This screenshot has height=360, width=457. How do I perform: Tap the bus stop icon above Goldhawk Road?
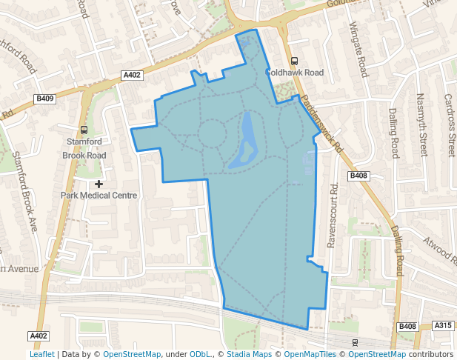(x=294, y=61)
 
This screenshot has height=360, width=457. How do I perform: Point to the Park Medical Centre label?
(x=99, y=196)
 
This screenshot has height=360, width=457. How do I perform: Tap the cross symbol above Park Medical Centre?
(x=99, y=183)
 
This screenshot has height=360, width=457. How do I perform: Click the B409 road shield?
(x=45, y=99)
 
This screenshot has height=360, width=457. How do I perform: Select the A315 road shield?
(x=443, y=326)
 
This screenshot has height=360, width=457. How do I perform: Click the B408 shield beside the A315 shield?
(x=407, y=327)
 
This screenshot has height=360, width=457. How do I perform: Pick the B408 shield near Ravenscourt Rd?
(x=358, y=176)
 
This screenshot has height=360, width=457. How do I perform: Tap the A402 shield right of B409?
(x=132, y=75)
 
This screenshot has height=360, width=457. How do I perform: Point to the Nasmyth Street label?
(x=423, y=124)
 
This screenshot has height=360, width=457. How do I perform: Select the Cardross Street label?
(x=449, y=124)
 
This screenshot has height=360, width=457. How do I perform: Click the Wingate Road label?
(x=358, y=50)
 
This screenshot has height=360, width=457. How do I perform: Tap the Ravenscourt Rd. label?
(x=333, y=215)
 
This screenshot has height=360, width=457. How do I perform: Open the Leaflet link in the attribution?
(x=41, y=355)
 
